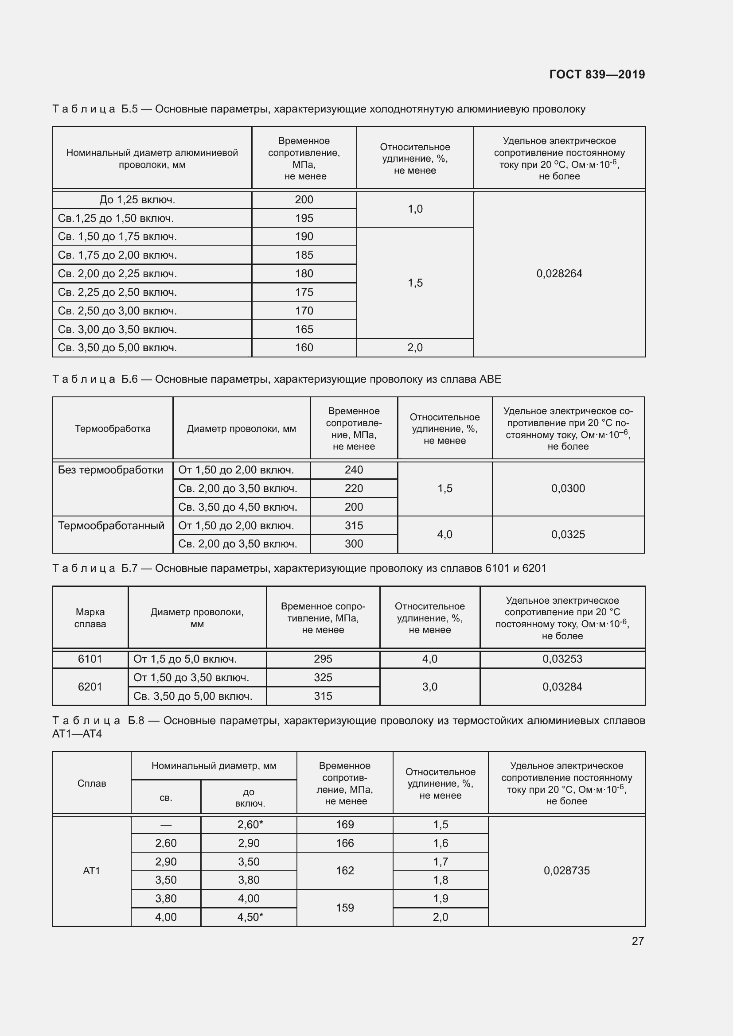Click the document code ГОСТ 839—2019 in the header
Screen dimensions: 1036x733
coord(597,74)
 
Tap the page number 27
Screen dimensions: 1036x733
coord(637,941)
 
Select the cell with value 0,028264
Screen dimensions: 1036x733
coord(559,273)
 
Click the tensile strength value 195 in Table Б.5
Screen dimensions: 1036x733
coord(304,218)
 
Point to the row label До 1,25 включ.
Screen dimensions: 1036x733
coord(137,200)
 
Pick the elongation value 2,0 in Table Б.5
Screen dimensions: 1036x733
coord(415,347)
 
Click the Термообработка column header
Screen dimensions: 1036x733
coord(113,429)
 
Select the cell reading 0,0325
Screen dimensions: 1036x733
coord(568,534)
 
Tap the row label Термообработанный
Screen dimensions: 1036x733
coord(111,526)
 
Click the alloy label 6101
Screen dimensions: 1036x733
coord(90,659)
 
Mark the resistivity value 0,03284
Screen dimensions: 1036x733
coord(562,687)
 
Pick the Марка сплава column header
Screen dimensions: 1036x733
coord(90,618)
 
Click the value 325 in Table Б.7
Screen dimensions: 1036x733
coord(323,677)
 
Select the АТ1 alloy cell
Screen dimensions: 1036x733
coord(92,870)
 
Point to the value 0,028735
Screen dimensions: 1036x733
coord(566,870)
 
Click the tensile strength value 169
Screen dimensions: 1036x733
coord(344,824)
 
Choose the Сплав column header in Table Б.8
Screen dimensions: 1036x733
coord(92,784)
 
